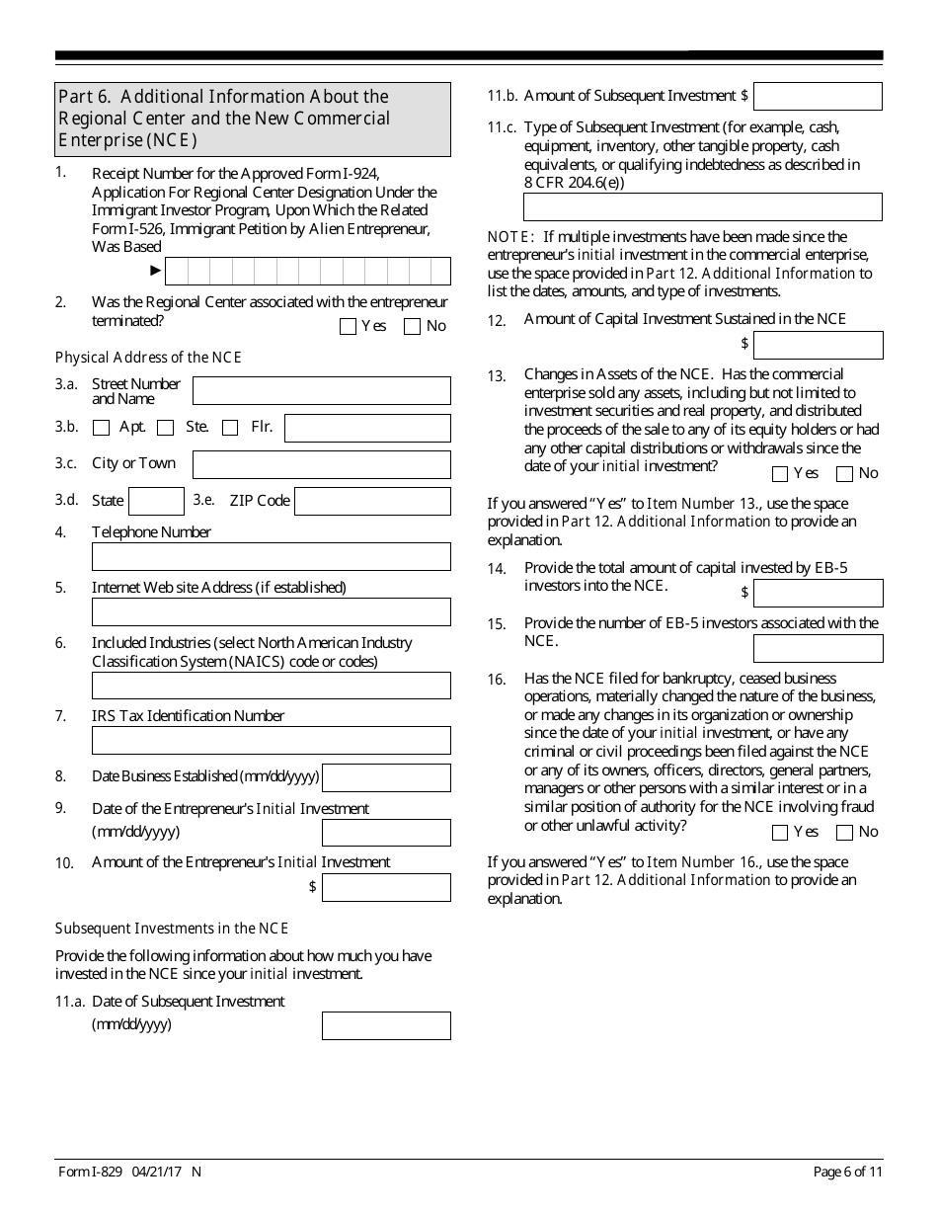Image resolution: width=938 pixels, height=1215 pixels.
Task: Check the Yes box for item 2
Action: click(348, 327)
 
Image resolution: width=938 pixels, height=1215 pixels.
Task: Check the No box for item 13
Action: click(845, 474)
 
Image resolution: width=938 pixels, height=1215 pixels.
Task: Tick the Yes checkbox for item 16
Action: click(780, 833)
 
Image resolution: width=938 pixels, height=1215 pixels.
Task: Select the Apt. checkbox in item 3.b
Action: click(101, 428)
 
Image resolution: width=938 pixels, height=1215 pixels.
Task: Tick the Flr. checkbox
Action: click(230, 428)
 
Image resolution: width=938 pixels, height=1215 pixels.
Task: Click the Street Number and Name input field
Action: click(321, 390)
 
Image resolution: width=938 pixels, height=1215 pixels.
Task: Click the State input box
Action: click(156, 501)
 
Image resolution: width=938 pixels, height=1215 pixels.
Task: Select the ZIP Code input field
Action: click(372, 501)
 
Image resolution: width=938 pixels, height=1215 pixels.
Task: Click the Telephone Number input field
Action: click(271, 556)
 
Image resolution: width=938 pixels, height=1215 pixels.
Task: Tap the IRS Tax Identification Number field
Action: click(271, 740)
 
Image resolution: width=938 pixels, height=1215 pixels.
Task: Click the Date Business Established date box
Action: click(386, 777)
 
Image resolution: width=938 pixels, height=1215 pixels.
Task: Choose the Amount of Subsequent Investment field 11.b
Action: click(818, 96)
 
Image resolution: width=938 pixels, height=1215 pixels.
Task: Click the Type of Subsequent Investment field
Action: click(702, 206)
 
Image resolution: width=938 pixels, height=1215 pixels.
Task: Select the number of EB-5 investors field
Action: click(818, 648)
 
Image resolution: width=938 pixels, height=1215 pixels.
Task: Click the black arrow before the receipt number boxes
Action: click(155, 270)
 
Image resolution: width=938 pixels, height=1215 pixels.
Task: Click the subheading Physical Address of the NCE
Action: click(148, 358)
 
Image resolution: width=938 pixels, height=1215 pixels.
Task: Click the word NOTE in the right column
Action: click(510, 237)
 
